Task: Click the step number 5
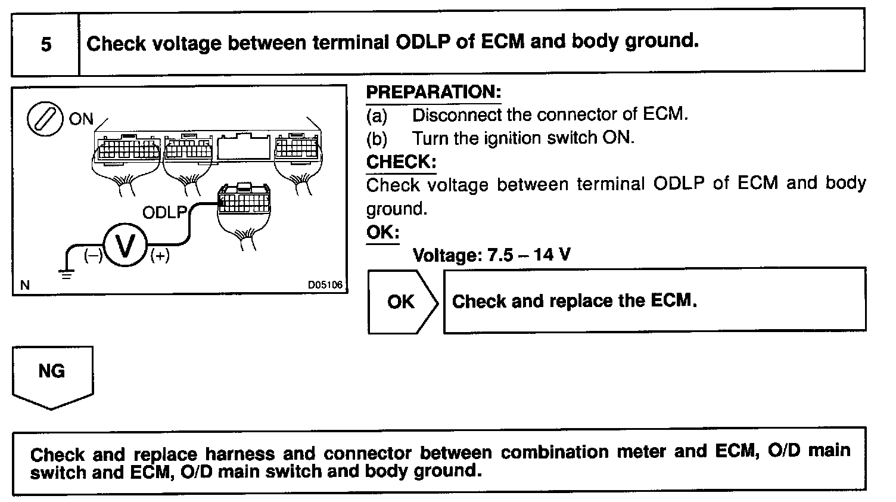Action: coord(46,44)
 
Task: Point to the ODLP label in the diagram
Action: coord(164,212)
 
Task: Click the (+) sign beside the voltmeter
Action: coord(160,256)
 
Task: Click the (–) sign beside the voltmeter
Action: coord(93,256)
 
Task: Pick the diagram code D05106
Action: coord(325,285)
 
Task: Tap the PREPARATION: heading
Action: coord(433,92)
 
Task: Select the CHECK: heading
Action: coord(401,162)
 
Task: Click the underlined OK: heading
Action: coord(382,232)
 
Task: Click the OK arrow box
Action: coord(402,301)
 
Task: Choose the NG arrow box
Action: coord(52,374)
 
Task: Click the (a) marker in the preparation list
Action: coord(377,114)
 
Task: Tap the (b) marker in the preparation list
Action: coord(377,138)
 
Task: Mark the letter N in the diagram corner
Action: coord(25,285)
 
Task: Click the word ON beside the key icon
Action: coord(81,119)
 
